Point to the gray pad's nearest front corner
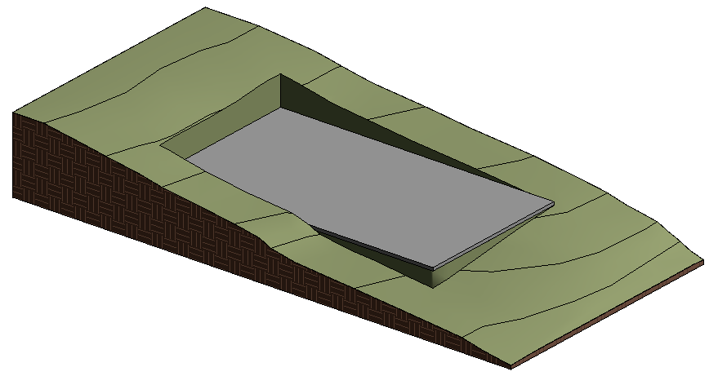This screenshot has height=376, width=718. pyautogui.click(x=430, y=267)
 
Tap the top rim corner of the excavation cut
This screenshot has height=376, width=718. pyautogui.click(x=280, y=74)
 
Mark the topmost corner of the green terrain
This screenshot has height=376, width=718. pyautogui.click(x=205, y=8)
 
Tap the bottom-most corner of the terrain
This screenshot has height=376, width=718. pyautogui.click(x=511, y=369)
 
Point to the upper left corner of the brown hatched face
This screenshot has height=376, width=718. pyautogui.click(x=13, y=113)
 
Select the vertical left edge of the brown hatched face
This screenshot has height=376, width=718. pyautogui.click(x=13, y=155)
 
